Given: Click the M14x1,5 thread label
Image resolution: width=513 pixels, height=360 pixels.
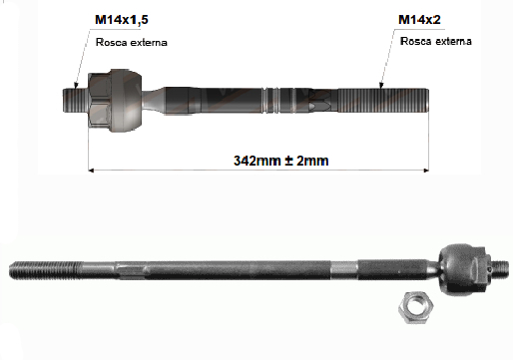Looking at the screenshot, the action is click(122, 20).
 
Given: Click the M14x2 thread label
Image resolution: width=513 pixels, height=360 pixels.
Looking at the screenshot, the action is click(419, 20).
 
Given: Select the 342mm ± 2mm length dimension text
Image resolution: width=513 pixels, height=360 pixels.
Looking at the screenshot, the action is click(281, 161).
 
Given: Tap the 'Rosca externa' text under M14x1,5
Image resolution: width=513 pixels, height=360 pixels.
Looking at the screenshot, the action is click(132, 42).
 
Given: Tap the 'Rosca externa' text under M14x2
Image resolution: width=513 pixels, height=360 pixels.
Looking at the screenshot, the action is click(436, 41).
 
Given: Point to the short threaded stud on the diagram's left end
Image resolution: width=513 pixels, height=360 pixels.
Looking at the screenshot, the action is click(75, 100).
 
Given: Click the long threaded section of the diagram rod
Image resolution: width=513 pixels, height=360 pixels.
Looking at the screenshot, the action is click(383, 100).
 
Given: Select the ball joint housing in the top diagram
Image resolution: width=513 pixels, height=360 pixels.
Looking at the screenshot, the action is click(127, 100).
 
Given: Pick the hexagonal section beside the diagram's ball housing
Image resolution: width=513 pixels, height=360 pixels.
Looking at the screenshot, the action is click(100, 100).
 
